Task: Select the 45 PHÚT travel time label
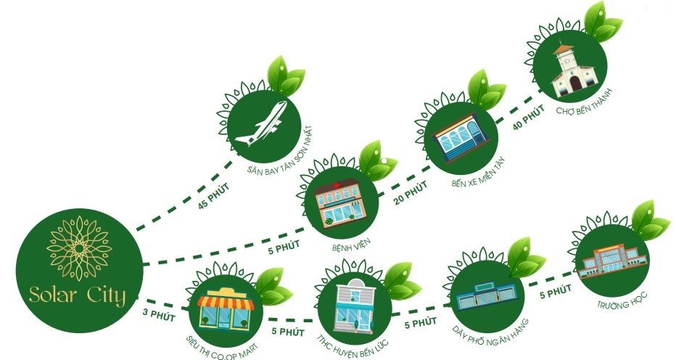[x=212, y=195]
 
